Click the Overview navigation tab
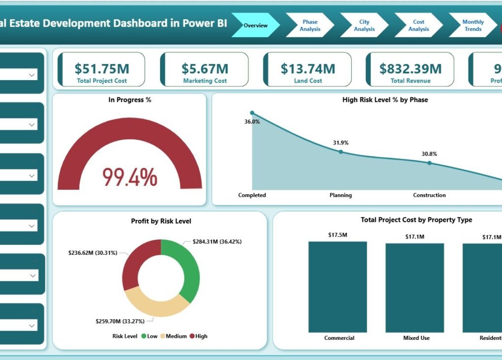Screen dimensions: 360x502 255,25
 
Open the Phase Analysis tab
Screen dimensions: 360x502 310,26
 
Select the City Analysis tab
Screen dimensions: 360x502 364,26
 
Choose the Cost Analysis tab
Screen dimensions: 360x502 418,26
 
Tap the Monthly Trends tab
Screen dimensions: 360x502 473,26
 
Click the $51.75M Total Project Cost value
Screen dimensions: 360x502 102,68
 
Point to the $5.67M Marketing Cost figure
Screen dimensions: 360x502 205,68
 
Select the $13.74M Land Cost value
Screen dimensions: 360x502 308,68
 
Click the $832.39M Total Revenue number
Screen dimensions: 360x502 410,68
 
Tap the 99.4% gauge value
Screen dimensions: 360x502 130,177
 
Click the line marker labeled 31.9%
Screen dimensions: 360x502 341,152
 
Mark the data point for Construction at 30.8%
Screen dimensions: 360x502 429,163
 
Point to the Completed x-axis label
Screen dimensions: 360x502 252,195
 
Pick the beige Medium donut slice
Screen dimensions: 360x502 155,305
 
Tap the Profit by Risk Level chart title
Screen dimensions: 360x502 161,221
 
